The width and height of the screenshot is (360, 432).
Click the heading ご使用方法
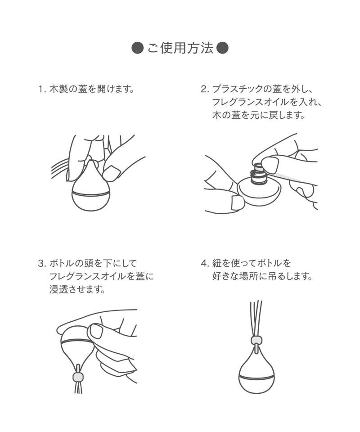[181, 48]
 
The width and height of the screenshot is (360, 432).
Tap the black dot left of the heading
[138, 48]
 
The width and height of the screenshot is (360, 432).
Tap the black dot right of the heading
[223, 48]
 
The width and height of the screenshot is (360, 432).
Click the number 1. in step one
[42, 89]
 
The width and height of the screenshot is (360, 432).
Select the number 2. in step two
[205, 89]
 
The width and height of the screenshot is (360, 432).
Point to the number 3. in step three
[42, 263]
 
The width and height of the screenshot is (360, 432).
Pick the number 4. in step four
[205, 263]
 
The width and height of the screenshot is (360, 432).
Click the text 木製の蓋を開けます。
[92, 89]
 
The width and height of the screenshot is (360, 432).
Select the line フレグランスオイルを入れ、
[267, 102]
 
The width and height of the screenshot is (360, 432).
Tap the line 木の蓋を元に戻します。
[259, 115]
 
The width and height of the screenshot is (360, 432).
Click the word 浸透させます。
[78, 289]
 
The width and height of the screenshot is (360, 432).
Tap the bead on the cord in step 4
[256, 340]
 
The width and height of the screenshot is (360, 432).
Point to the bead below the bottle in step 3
[78, 377]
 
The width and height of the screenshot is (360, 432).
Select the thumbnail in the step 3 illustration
[95, 331]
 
